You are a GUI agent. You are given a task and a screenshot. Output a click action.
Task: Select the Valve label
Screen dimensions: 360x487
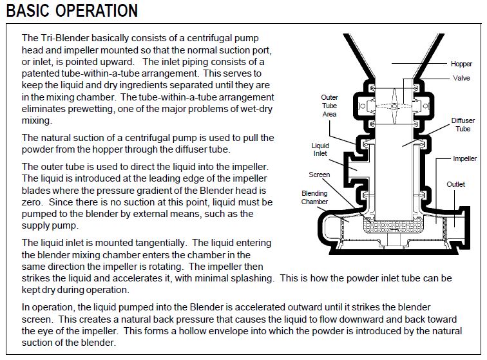click(461, 78)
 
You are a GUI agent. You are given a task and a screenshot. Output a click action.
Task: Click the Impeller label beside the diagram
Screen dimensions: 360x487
click(464, 158)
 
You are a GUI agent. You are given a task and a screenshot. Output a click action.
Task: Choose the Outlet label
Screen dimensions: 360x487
click(456, 185)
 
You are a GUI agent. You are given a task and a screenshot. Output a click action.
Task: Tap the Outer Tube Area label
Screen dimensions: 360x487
click(329, 106)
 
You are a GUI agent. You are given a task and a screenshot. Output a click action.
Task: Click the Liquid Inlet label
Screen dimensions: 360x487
click(321, 150)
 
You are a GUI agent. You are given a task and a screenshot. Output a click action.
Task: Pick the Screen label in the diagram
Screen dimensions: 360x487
click(320, 175)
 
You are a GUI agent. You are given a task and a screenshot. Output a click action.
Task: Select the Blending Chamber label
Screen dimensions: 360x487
click(314, 197)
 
